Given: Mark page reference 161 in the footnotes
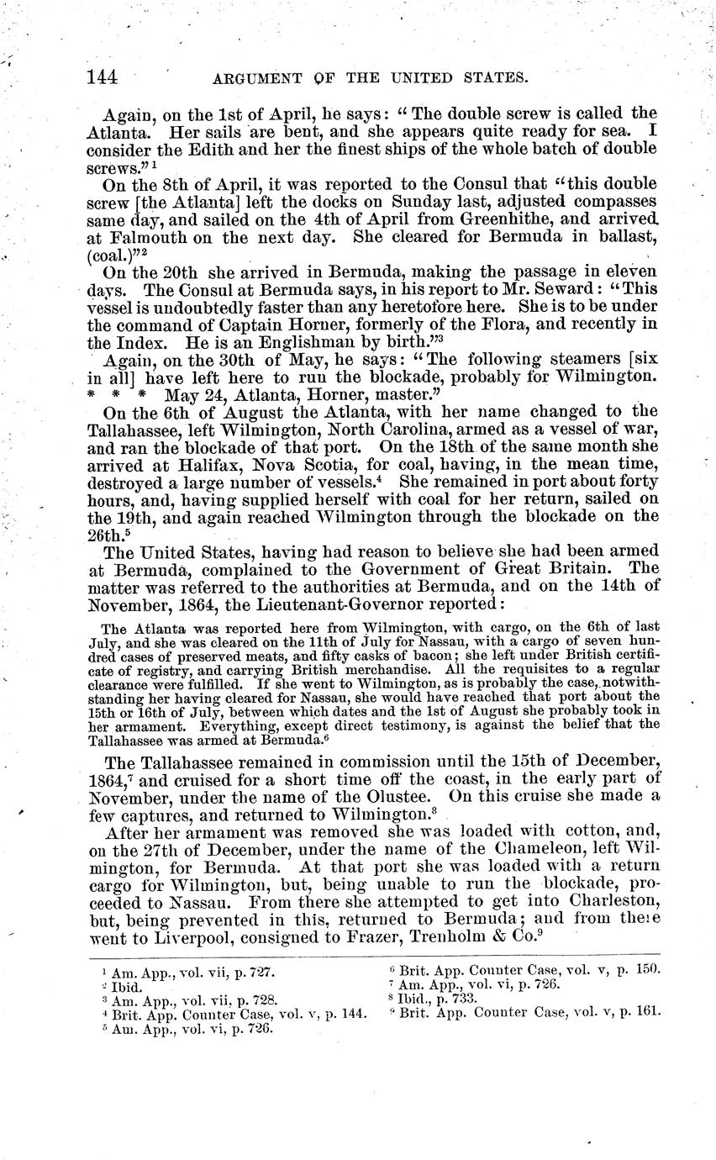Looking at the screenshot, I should pos(648,1013).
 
